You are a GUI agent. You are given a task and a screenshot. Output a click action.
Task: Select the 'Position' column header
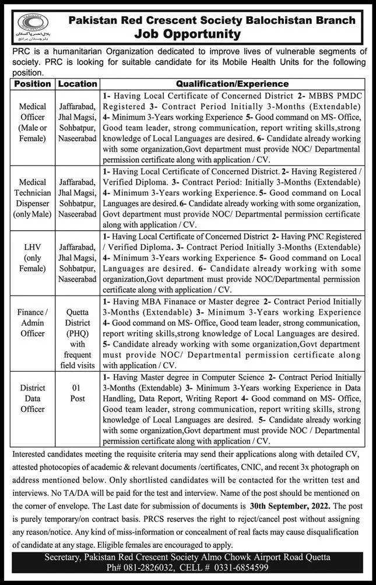(33, 84)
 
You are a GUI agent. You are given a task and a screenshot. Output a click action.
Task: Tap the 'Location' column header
(78, 84)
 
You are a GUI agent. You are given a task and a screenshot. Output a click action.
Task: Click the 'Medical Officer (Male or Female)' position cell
(33, 123)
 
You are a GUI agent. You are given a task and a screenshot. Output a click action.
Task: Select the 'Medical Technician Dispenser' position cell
(33, 198)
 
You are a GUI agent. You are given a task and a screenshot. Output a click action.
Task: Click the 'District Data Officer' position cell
(33, 399)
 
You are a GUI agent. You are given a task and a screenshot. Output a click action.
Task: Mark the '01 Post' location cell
(78, 394)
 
